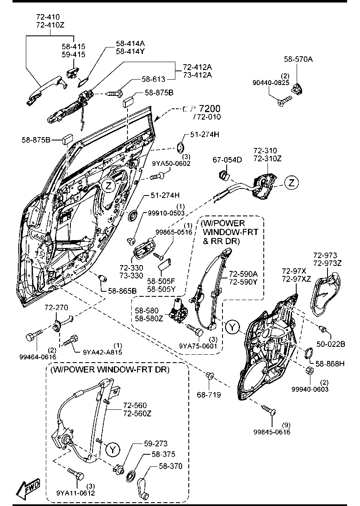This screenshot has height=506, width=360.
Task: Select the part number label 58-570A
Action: [x=298, y=59]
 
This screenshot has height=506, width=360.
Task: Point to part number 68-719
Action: [x=209, y=394]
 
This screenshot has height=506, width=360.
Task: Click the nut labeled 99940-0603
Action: [x=310, y=371]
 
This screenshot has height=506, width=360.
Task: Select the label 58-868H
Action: [x=330, y=363]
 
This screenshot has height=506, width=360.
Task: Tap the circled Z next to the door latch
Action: [x=292, y=182]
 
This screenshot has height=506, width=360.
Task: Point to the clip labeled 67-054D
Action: [x=225, y=174]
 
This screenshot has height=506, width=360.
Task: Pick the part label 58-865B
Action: [x=122, y=291]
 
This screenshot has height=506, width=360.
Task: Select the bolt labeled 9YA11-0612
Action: [x=75, y=474]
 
